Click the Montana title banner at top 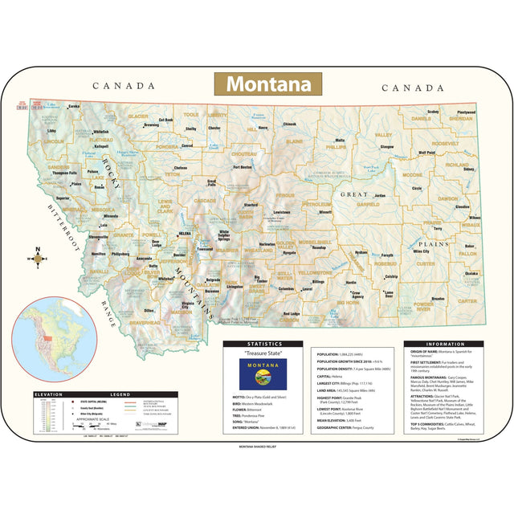[267, 84]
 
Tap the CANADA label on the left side [123, 86]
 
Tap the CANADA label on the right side [412, 88]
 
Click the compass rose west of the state [36, 259]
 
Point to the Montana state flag [263, 373]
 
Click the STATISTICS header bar [263, 344]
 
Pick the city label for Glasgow [387, 147]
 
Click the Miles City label [422, 251]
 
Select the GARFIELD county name [368, 204]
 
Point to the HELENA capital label [185, 234]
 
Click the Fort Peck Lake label [369, 168]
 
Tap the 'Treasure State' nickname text [263, 353]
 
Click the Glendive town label [463, 206]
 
